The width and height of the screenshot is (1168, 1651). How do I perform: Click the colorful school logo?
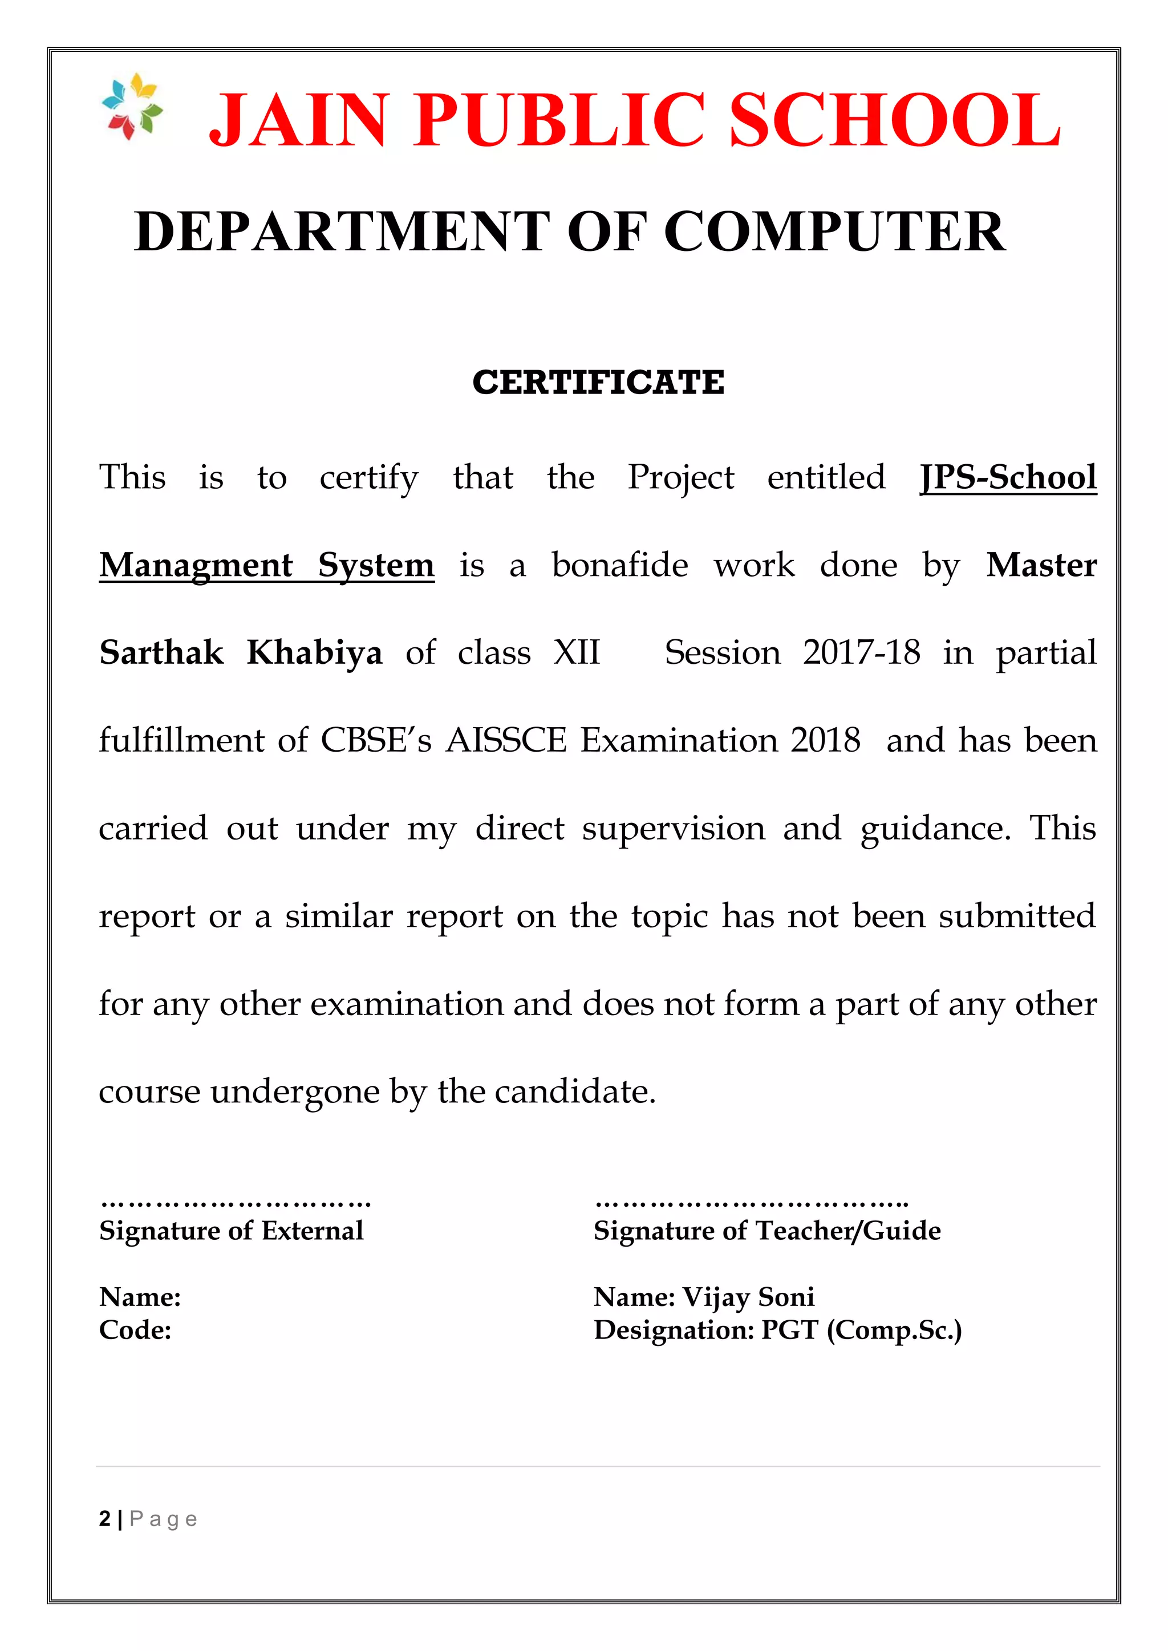pos(132,107)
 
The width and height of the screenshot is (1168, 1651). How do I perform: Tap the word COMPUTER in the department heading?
pos(834,232)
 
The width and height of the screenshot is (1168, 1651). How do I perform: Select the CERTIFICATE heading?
pos(598,383)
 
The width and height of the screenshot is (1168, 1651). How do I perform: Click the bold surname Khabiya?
pos(314,653)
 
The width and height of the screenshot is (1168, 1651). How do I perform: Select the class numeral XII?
pos(576,653)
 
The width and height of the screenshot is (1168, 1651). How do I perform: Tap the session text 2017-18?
pos(861,653)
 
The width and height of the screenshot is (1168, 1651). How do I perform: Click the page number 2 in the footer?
pos(105,1519)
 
